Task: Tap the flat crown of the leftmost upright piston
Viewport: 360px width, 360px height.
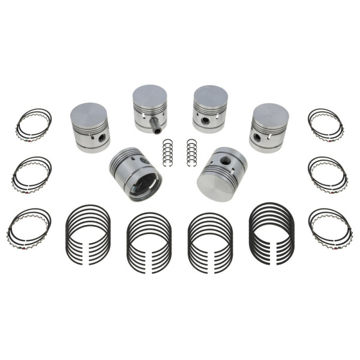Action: point(89,113)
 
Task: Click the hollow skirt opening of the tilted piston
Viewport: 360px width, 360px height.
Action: point(144,182)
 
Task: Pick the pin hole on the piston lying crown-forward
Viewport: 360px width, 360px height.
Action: point(224,161)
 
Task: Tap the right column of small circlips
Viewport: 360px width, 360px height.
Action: point(191,154)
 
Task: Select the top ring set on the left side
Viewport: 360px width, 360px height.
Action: point(34,125)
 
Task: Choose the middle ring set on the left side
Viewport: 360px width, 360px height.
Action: point(32,173)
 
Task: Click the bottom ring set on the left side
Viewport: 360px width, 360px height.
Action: point(29,226)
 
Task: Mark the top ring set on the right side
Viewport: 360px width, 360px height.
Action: point(326,125)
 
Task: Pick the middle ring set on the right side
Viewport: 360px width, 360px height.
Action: point(328,173)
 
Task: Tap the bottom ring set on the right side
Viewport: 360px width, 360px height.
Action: point(330,226)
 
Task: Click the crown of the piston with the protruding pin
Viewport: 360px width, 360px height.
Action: point(149,96)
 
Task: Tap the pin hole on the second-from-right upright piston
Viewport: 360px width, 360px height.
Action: point(206,121)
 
